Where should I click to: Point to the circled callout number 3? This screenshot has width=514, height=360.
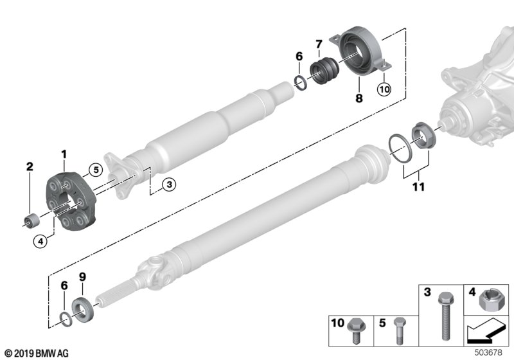point(168,184)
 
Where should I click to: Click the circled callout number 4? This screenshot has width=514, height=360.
point(40,242)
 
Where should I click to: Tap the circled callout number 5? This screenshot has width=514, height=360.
point(95,170)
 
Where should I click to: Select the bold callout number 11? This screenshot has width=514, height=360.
point(419,186)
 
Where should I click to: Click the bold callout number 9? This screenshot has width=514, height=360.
point(82,276)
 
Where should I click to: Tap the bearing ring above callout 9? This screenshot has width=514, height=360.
point(84,305)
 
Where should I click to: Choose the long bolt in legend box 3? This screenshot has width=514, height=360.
point(443,315)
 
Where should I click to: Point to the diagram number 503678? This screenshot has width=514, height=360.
point(489,353)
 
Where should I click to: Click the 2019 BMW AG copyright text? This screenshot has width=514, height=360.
point(36,353)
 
